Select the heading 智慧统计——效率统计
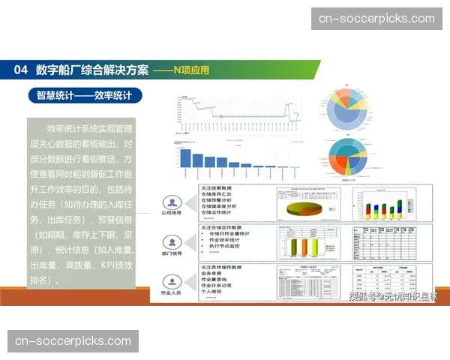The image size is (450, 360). (84, 95)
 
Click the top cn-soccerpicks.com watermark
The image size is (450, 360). (376, 19)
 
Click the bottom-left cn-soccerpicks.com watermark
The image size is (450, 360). (73, 341)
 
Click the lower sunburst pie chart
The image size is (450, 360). (346, 157)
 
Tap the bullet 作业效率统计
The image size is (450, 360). (228, 241)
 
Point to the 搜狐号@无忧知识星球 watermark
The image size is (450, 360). (391, 298)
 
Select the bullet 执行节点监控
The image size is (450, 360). (228, 247)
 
